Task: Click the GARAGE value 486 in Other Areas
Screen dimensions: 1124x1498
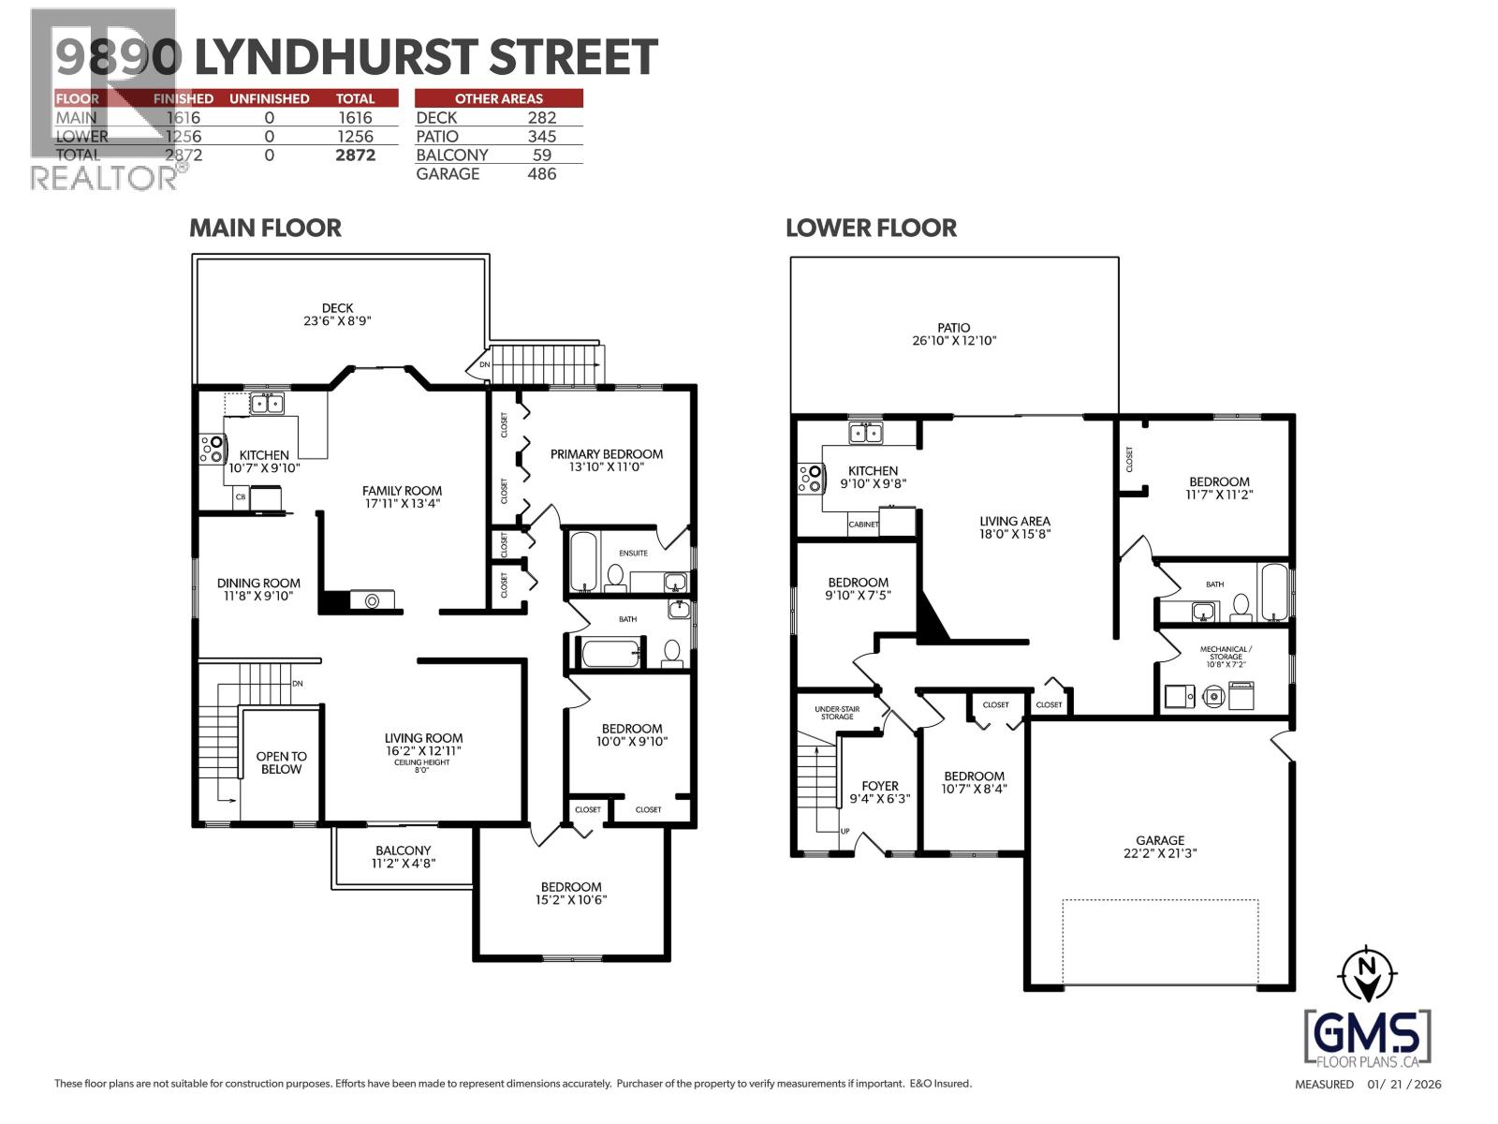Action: (541, 173)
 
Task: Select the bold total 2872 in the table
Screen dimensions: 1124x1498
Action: (355, 155)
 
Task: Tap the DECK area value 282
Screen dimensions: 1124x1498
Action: (541, 117)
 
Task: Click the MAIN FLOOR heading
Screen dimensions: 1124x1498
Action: (265, 228)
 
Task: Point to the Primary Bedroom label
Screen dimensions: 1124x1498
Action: (606, 454)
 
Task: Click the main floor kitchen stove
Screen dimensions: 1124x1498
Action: (211, 450)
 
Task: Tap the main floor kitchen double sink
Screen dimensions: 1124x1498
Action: (268, 405)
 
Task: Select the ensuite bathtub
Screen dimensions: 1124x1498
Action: (582, 563)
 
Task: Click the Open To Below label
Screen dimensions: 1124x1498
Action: (281, 762)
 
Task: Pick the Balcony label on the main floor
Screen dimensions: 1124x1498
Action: (404, 850)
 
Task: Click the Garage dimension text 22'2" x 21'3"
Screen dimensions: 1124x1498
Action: (1160, 853)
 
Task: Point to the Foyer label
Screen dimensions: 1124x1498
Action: (880, 786)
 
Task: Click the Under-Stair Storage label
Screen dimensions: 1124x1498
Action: (837, 713)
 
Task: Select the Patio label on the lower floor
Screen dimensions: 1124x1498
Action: (953, 328)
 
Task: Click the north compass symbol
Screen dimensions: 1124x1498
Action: (1367, 973)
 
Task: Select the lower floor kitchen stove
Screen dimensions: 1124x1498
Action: (810, 479)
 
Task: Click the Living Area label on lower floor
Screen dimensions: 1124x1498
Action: (1015, 521)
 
